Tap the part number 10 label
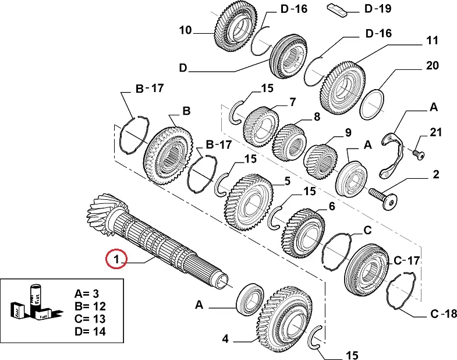185,30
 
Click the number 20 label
432,66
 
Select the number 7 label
293,103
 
